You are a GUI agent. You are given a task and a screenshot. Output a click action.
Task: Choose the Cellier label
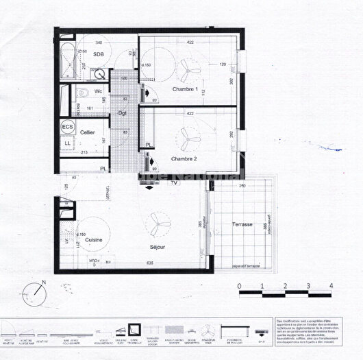pos(87,131)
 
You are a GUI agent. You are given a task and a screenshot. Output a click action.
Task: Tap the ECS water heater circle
pos(68,127)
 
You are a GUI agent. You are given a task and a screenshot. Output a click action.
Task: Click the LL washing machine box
pos(68,143)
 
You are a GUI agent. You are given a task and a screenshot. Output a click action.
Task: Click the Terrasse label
pos(242,224)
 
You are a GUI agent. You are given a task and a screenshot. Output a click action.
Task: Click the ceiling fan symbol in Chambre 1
pos(188,67)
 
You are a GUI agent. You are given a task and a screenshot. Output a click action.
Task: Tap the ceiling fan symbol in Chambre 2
pos(188,136)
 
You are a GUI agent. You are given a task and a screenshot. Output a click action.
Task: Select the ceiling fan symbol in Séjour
pos(159,221)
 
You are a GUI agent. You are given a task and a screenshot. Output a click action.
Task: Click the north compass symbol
pos(33,293)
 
